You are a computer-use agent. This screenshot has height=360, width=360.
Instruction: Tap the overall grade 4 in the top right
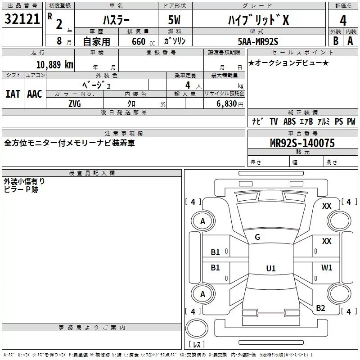[x=343, y=20]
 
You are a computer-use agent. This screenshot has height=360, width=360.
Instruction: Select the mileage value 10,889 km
[x=54, y=65]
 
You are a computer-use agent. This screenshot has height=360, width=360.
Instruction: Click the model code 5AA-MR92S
[x=258, y=41]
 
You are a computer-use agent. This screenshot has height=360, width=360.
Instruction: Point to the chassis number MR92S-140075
[x=302, y=143]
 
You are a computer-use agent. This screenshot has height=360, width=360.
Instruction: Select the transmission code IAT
[x=13, y=94]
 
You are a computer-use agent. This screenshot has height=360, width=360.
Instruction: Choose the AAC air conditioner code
[x=34, y=94]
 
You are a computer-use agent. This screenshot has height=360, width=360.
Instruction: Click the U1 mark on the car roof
[x=270, y=268]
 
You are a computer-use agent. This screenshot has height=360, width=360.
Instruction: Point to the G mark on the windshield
[x=257, y=237]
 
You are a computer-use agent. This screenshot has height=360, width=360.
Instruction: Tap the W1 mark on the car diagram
[x=327, y=268]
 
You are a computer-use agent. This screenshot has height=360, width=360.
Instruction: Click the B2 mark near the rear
[x=320, y=308]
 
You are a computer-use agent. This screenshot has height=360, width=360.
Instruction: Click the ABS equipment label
[x=289, y=121]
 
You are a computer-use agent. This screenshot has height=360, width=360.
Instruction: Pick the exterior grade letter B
[x=335, y=41]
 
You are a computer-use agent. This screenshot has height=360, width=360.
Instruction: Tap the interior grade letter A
[x=350, y=41]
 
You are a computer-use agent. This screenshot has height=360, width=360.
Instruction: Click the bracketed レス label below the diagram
[x=196, y=344]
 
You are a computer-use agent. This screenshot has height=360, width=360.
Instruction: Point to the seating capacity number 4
[x=187, y=85]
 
